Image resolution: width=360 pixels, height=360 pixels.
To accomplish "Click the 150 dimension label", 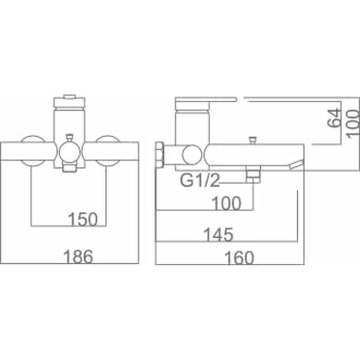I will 83,220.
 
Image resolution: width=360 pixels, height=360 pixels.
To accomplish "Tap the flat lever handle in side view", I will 206,99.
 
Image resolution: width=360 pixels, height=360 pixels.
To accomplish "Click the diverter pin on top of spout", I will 252,140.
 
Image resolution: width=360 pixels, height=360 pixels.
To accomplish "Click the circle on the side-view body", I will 191,155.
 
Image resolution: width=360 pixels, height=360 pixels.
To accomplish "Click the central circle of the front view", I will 69,153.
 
